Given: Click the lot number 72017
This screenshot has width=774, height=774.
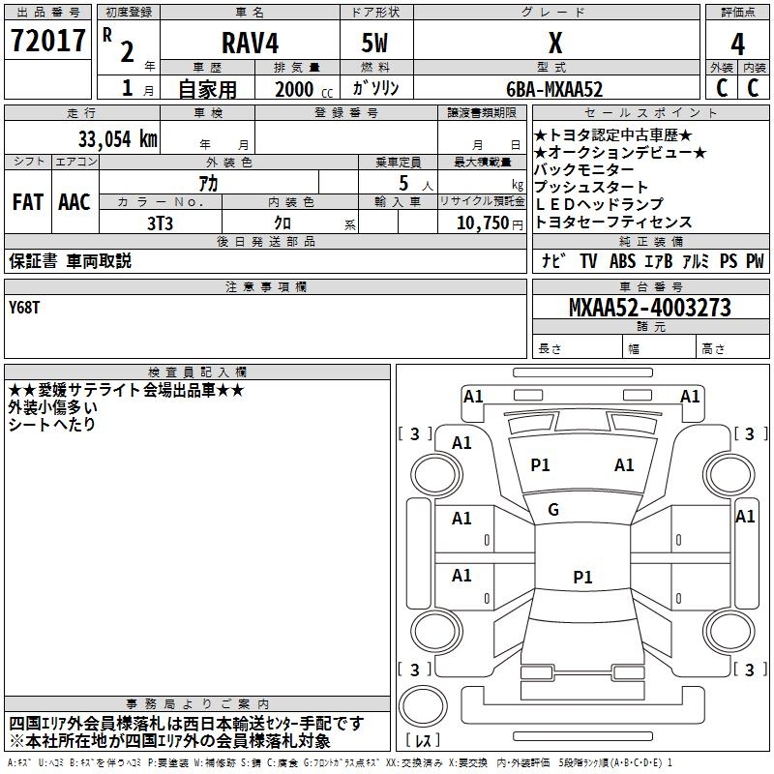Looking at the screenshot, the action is pos(48,42).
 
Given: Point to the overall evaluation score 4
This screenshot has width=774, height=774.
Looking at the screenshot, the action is pos(737,44).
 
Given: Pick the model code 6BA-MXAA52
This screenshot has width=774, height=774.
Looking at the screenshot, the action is pos(554,89).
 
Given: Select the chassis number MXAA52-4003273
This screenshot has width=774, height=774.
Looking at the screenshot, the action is pos(649,309).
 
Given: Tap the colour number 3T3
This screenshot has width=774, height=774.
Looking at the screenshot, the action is pos(161,223).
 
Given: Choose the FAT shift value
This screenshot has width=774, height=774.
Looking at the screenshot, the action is pos(28,202).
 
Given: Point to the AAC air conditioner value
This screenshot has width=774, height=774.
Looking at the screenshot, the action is pos(74,202).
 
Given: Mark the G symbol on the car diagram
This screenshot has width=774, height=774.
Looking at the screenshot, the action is pos(553,510).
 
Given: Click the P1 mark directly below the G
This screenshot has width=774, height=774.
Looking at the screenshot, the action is pos(582,578).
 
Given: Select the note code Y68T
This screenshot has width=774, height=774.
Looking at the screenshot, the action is pos(26,307).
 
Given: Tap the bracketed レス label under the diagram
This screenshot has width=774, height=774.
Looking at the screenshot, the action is pos(425,742).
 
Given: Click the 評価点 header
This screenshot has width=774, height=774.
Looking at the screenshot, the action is pos(737,13).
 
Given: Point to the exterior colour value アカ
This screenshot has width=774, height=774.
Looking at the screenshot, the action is pos(207,183).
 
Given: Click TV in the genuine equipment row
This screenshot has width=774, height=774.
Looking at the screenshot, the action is pos(588,261).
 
